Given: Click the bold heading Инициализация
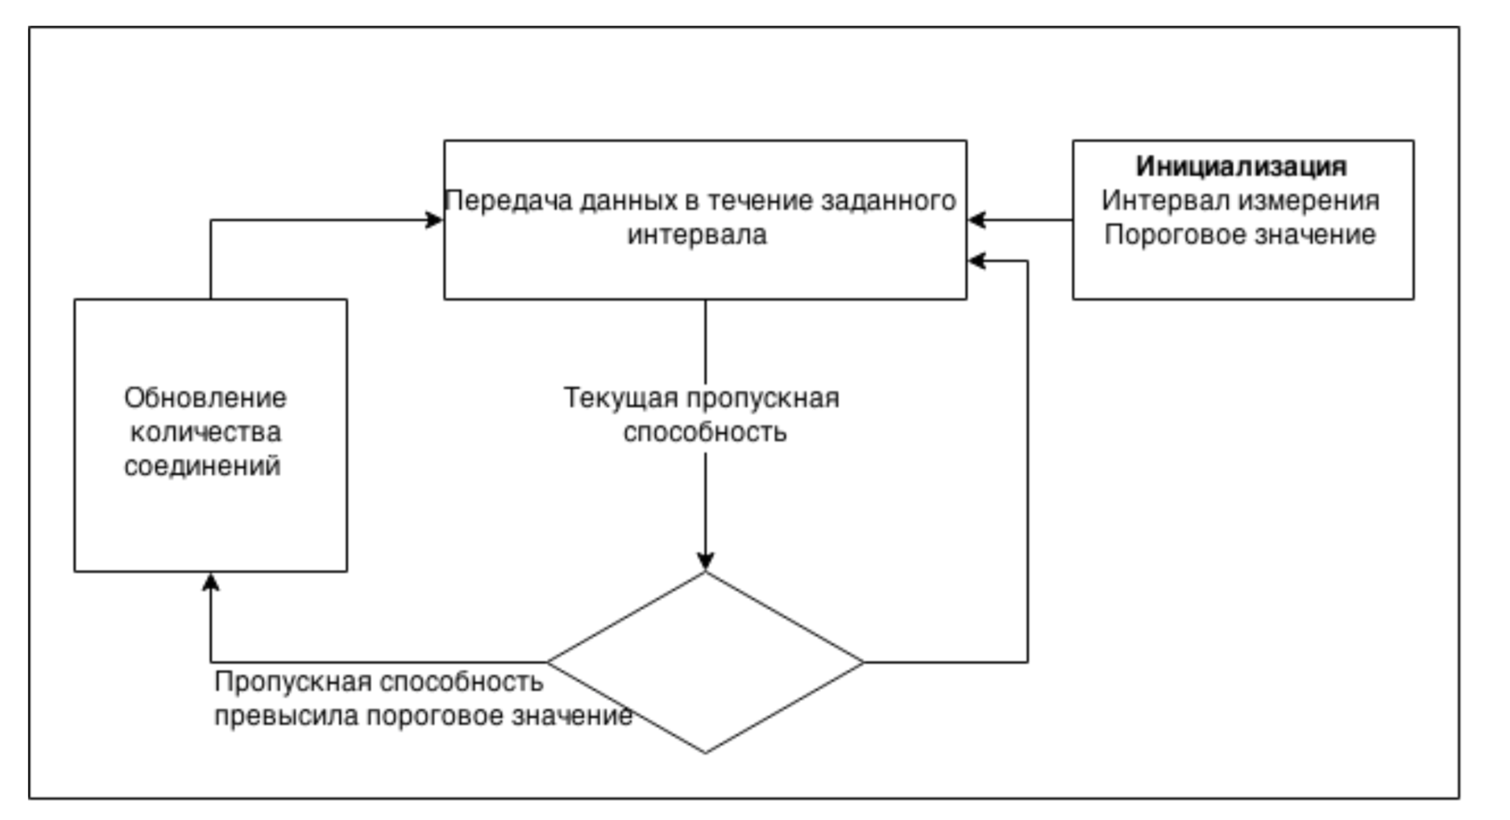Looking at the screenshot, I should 1241,167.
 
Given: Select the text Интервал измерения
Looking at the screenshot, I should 1240,200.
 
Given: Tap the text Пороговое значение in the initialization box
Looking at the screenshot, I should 1240,235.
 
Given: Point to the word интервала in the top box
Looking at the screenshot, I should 697,235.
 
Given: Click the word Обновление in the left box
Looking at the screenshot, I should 205,398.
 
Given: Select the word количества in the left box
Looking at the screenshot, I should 205,432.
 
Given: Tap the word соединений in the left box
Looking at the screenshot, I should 202,466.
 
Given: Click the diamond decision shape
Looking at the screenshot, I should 705,662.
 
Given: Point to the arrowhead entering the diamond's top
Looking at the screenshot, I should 705,561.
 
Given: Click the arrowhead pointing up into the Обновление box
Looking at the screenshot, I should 211,583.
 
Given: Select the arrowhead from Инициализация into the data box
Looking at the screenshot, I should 978,220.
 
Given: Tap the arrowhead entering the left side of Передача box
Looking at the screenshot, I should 433,220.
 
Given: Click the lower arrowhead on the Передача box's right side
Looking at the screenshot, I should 978,261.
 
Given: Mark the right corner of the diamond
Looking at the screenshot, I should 863,662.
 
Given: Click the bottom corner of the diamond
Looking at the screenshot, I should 705,752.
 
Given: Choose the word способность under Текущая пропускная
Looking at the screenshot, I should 705,432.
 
